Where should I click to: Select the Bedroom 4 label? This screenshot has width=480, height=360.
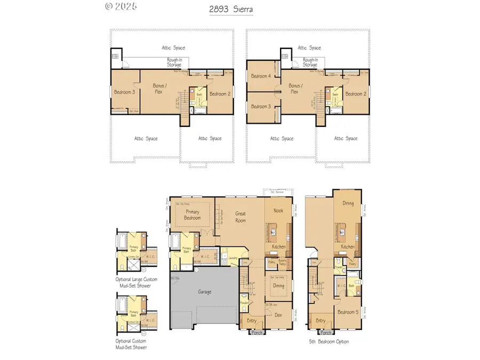click(x=261, y=76)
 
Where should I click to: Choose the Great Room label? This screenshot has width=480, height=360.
click(x=241, y=217)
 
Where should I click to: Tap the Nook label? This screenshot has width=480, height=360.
click(x=278, y=211)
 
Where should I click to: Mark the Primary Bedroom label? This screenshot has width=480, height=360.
click(x=193, y=215)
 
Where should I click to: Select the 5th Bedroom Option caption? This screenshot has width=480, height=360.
click(x=329, y=341)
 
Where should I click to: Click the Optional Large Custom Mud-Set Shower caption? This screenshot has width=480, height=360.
click(x=133, y=282)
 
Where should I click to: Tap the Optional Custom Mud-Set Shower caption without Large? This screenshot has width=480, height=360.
click(x=131, y=344)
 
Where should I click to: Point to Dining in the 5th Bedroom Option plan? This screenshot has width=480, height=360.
click(x=348, y=203)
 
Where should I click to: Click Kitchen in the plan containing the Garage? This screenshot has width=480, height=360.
click(x=278, y=246)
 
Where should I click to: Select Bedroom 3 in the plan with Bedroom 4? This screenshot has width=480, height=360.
click(x=261, y=107)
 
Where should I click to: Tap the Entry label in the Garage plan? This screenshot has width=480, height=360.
click(x=251, y=321)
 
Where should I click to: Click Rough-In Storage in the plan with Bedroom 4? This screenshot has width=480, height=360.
click(x=310, y=62)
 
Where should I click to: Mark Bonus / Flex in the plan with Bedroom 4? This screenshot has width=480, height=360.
click(x=294, y=89)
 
